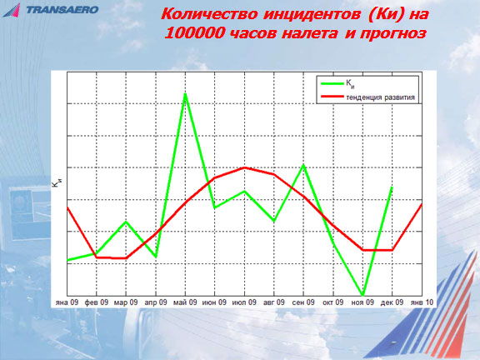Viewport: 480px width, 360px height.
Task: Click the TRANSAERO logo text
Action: pyautogui.click(x=62, y=10)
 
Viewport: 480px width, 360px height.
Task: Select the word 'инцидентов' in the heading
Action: pyautogui.click(x=312, y=14)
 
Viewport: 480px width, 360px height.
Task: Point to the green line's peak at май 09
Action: pyautogui.click(x=185, y=93)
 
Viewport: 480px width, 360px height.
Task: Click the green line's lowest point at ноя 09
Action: pyautogui.click(x=363, y=295)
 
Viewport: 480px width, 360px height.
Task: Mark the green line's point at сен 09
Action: pyautogui.click(x=303, y=165)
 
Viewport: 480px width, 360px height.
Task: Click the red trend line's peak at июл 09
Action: pyautogui.click(x=244, y=167)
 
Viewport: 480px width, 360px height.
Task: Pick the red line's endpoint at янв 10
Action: pyautogui.click(x=422, y=204)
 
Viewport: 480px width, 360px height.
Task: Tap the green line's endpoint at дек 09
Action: pyautogui.click(x=392, y=187)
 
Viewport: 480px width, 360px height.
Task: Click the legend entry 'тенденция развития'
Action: pyautogui.click(x=380, y=97)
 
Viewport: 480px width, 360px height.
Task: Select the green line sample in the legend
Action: pyautogui.click(x=332, y=83)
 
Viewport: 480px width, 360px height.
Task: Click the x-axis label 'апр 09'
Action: pyautogui.click(x=156, y=302)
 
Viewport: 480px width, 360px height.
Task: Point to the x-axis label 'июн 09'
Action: pyautogui.click(x=214, y=302)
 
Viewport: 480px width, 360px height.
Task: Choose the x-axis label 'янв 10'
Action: pyautogui.click(x=422, y=302)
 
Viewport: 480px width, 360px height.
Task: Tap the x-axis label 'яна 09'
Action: pyautogui.click(x=67, y=302)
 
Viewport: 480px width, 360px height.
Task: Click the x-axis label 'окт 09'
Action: pyautogui.click(x=333, y=302)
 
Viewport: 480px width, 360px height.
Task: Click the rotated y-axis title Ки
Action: pyautogui.click(x=57, y=183)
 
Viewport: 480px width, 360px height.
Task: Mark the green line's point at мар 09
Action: pyautogui.click(x=126, y=222)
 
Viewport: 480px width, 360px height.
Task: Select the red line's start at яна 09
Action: pyautogui.click(x=67, y=207)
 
